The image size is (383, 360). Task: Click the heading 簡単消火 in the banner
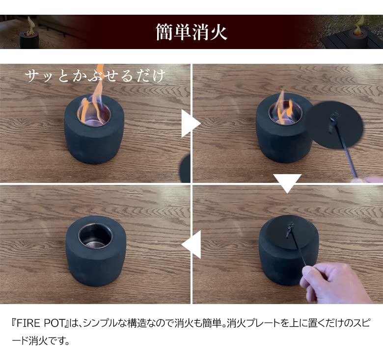(191, 32)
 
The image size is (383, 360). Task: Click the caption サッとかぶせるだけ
(95, 76)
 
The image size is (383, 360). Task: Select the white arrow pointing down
(287, 183)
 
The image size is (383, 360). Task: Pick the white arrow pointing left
(192, 244)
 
